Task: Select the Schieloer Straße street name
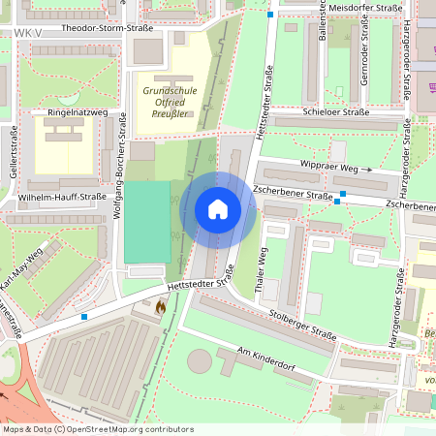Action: pyautogui.click(x=336, y=112)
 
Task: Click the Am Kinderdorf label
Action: pyautogui.click(x=264, y=358)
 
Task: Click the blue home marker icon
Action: pyautogui.click(x=218, y=208)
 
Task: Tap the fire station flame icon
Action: pyautogui.click(x=160, y=305)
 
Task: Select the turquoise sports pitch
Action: pyautogui.click(x=147, y=222)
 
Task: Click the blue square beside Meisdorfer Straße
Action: pyautogui.click(x=270, y=14)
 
